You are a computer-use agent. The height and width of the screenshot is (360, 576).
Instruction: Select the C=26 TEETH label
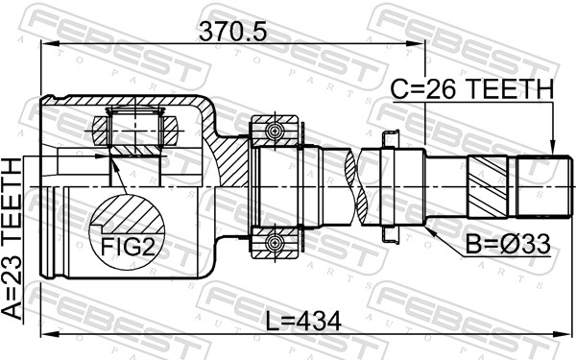pyautogui.click(x=471, y=89)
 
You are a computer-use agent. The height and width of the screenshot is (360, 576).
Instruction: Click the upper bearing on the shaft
pyautogui.click(x=273, y=129)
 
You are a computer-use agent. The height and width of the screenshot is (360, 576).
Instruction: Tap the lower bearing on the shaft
pyautogui.click(x=273, y=239)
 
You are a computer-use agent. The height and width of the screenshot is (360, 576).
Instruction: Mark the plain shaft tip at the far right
pyautogui.click(x=536, y=184)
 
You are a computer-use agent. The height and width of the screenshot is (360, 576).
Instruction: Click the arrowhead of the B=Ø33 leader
pyautogui.click(x=426, y=228)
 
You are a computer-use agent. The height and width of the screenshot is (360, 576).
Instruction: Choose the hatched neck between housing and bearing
pyautogui.click(x=233, y=158)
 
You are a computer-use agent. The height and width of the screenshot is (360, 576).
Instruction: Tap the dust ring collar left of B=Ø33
pyautogui.click(x=392, y=184)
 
